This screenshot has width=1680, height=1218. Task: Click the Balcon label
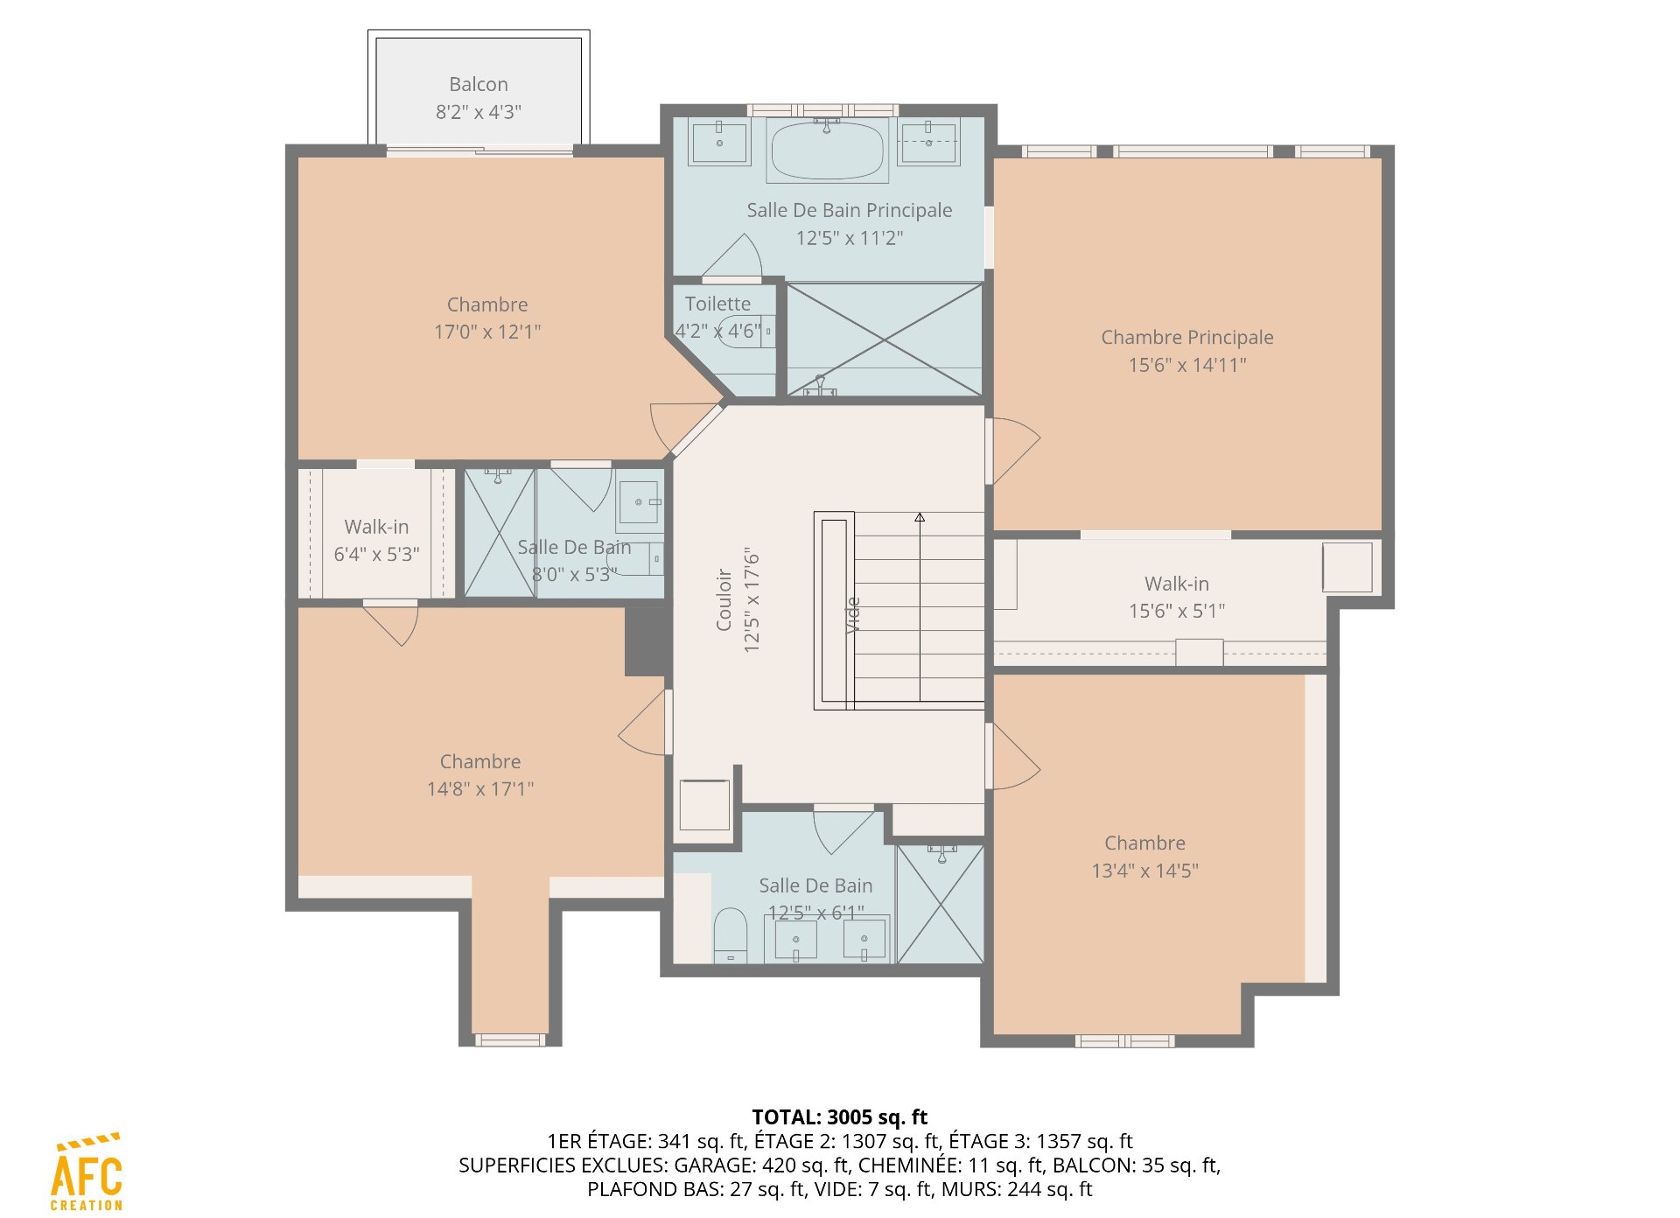coord(478,84)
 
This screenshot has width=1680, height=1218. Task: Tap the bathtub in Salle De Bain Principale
coord(827,150)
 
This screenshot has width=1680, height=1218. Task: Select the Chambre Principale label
coord(1186,337)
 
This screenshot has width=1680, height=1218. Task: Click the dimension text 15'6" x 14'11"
coord(1186,365)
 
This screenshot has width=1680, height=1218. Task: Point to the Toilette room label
coord(717,304)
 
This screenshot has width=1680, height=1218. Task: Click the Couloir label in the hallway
coord(724,599)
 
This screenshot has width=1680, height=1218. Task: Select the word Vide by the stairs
coord(853,615)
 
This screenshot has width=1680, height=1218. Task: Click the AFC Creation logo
coord(87,1172)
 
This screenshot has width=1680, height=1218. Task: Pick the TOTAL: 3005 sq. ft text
coord(839,1116)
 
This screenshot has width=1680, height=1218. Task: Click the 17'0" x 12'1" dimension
coord(487,332)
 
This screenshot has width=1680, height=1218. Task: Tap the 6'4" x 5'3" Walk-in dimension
coord(376,554)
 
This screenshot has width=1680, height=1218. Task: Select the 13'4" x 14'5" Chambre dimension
coord(1144,871)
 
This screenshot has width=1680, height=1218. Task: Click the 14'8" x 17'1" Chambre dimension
coord(479,788)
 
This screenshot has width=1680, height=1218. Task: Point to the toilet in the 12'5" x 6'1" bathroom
coord(730,935)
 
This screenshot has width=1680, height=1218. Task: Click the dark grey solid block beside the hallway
coord(647,640)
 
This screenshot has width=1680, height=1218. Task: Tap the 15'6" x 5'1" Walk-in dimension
coord(1177,611)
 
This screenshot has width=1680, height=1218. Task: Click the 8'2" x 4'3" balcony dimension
coord(479,112)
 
